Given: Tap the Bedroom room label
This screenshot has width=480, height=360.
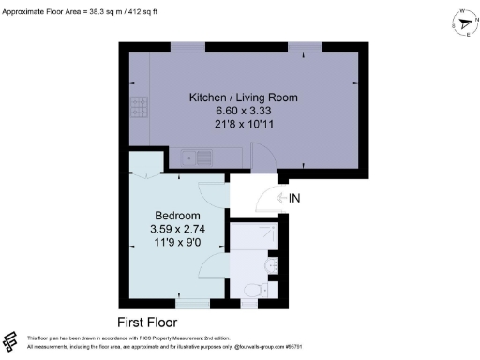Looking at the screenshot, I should click(174, 214).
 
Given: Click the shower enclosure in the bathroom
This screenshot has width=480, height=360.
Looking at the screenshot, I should click(251, 237).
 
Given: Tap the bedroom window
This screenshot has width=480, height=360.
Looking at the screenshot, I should click(193, 302).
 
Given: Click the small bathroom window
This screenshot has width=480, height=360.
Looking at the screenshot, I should click(249, 302).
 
